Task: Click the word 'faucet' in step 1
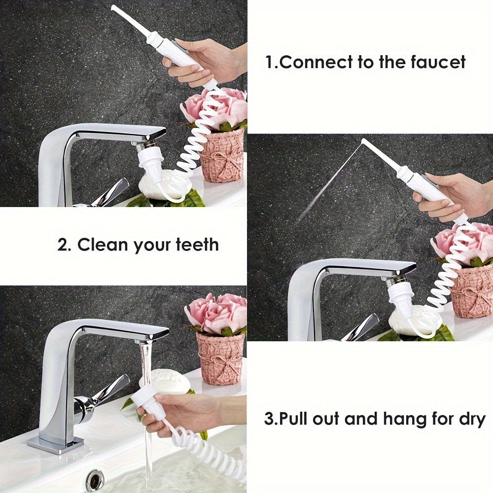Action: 437,62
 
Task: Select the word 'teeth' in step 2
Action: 197,245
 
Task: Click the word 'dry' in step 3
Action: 473,420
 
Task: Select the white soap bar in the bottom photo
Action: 165,382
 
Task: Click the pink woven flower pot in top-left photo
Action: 223,156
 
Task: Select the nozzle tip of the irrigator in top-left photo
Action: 113,7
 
